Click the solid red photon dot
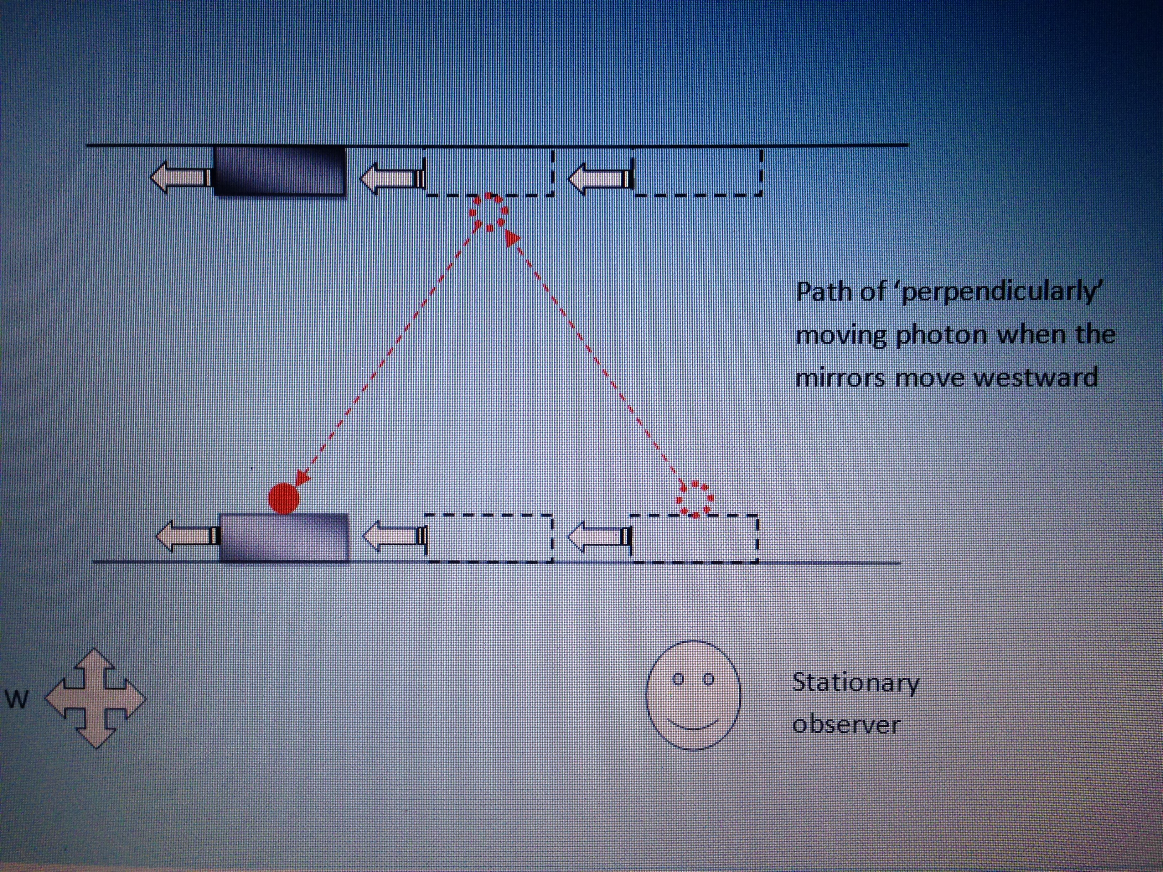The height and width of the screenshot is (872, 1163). tap(283, 497)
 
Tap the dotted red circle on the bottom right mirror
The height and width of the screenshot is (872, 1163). tap(694, 499)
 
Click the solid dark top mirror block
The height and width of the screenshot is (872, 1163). tap(280, 171)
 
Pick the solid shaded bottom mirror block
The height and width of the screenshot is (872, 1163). tap(283, 538)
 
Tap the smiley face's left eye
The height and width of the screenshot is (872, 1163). tap(678, 679)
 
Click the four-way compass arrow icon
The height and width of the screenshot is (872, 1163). tap(95, 697)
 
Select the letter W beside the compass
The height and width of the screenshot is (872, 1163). tap(17, 699)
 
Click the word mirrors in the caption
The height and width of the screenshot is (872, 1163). tap(840, 377)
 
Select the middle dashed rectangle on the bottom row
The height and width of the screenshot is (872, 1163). tap(489, 538)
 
